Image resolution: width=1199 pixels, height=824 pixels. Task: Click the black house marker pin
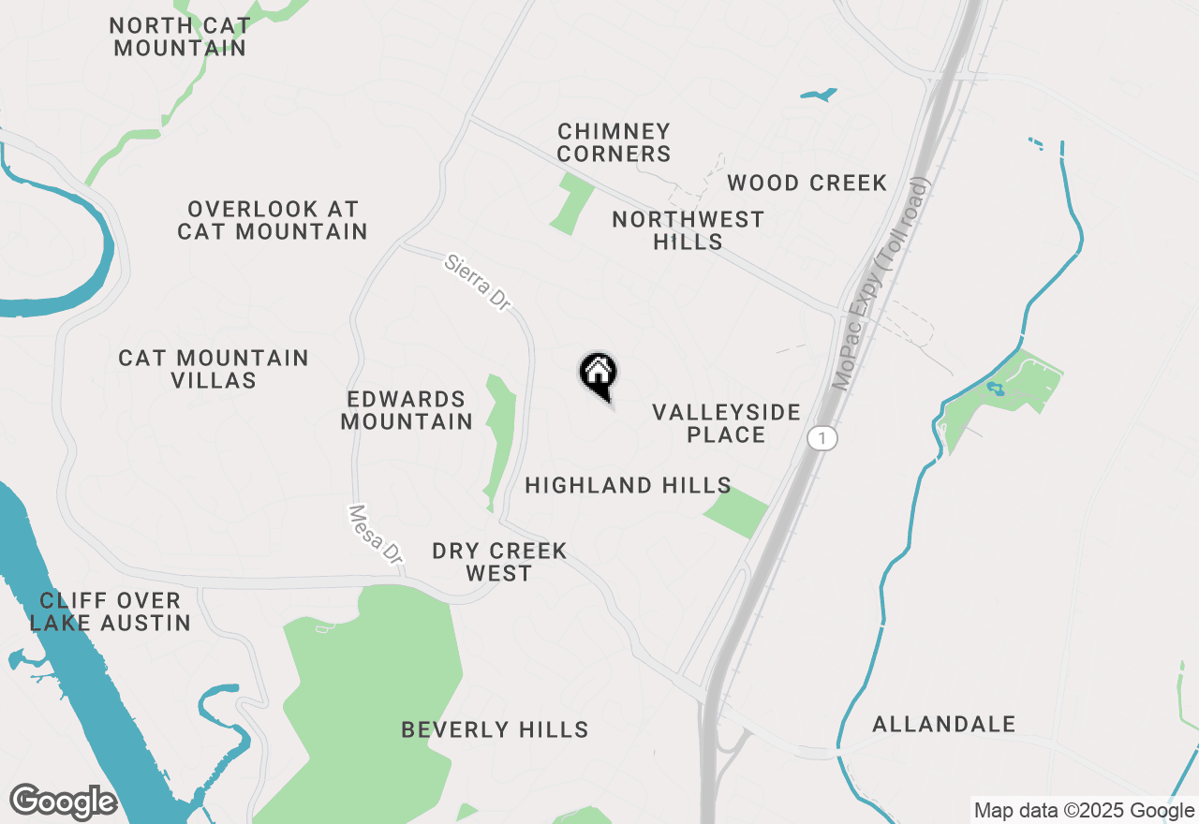[598, 375]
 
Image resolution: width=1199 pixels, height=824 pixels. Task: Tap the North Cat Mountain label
[180, 37]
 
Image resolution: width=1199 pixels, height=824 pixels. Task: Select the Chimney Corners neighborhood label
[614, 142]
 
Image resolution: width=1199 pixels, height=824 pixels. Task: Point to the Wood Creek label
[807, 183]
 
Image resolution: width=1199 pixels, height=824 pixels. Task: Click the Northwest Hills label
[688, 230]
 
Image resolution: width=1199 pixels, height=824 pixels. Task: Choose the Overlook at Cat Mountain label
[273, 220]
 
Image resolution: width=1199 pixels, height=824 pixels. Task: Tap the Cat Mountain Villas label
[214, 369]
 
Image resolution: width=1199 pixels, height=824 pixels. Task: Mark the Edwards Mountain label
[407, 411]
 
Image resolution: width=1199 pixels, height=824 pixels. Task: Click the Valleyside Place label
[726, 423]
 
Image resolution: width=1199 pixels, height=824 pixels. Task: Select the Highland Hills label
[628, 485]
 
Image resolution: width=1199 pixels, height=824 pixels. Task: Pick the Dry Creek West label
[499, 562]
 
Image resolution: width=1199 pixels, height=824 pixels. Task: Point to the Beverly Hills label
[495, 729]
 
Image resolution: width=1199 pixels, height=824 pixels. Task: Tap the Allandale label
[943, 724]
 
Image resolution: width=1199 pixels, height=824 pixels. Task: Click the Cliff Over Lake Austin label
[111, 611]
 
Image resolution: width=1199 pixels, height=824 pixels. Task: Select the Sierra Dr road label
[479, 282]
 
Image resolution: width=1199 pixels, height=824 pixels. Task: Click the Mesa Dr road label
[376, 534]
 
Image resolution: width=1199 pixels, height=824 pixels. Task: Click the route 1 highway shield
[822, 438]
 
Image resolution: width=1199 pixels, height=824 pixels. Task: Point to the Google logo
[63, 802]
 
